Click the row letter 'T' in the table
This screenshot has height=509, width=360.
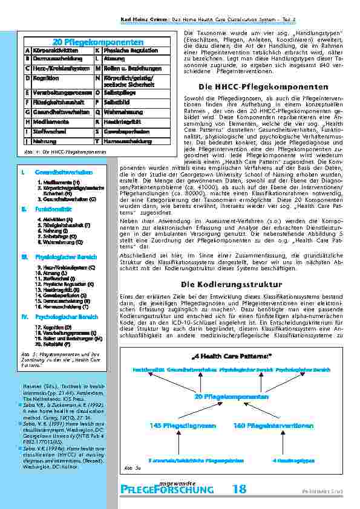[97, 141]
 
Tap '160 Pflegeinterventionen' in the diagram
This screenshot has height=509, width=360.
[265, 426]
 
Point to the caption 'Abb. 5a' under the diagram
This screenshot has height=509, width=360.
[128, 467]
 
